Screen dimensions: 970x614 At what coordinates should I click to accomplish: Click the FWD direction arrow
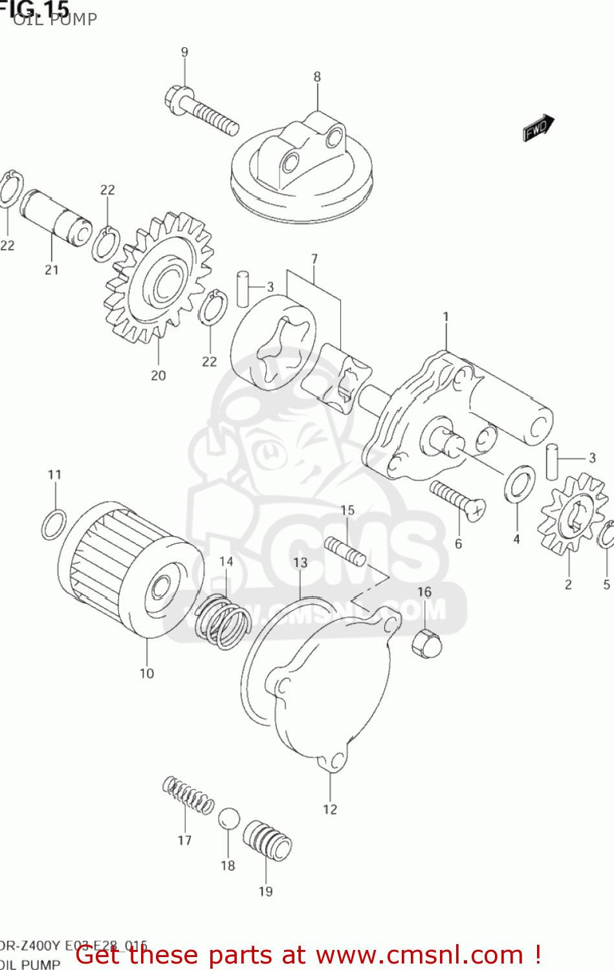pos(538,127)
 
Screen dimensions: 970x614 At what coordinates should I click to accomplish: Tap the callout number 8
pos(317,76)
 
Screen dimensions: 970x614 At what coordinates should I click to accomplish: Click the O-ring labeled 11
pos(53,524)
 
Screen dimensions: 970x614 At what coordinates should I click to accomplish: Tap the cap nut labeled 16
pos(427,643)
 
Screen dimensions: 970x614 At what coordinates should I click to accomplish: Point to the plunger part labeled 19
pos(267,841)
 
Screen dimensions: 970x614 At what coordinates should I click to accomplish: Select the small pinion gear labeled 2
pos(572,513)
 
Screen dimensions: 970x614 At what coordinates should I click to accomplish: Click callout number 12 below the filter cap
pos(330,809)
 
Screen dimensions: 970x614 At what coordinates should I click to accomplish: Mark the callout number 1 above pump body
pos(446,316)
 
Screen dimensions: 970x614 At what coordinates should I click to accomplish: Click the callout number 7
pos(314,259)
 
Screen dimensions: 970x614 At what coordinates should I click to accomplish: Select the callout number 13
pos(300,563)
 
